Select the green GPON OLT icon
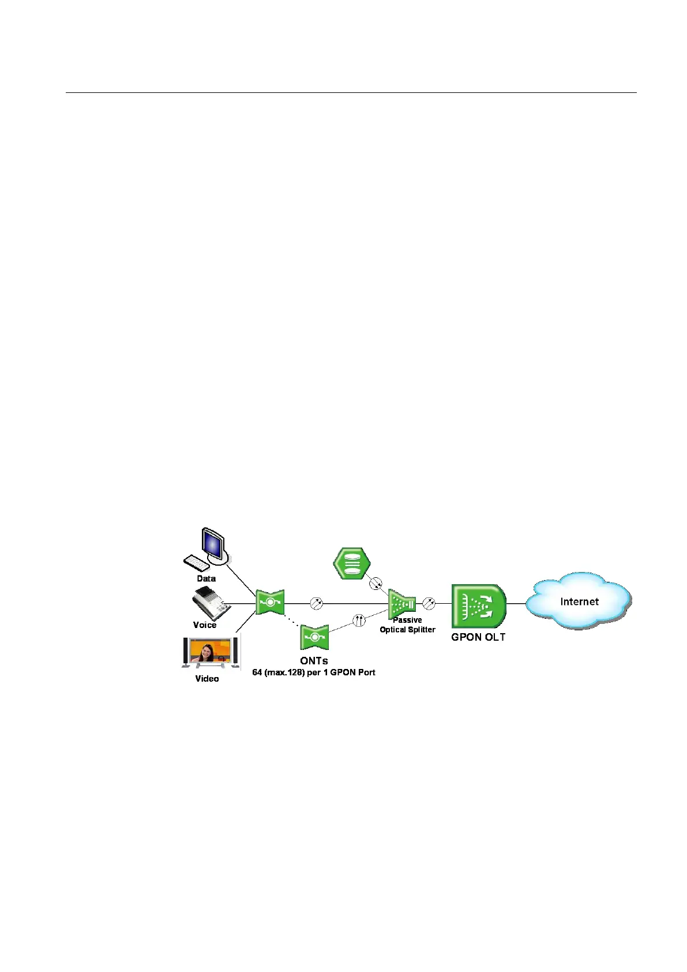pos(478,606)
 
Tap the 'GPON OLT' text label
pos(478,637)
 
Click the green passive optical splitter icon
pos(401,604)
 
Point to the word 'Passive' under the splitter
pos(407,620)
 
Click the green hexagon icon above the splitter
pos(352,563)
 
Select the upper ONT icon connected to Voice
pos(270,603)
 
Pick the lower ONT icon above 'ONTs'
pos(314,637)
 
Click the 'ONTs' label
pos(314,661)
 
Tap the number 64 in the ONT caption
pos(257,672)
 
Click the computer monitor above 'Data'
pos(212,544)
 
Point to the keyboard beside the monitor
pos(196,562)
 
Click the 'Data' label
pos(206,578)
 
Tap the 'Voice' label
pos(205,625)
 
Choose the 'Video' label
pos(207,679)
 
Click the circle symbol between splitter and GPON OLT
pos(429,604)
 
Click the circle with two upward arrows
pos(359,620)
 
